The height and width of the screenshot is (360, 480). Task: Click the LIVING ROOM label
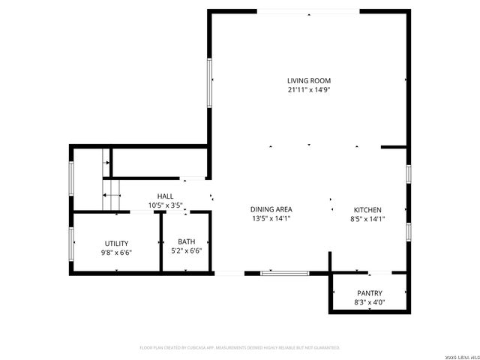308,80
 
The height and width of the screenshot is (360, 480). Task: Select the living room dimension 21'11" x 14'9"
308,89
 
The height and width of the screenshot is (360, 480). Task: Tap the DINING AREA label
271,209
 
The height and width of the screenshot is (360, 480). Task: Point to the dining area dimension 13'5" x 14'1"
271,219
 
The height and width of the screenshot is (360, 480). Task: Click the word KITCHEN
368,210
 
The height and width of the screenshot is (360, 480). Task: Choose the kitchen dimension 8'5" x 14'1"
368,219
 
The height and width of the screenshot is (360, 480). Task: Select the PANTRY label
369,293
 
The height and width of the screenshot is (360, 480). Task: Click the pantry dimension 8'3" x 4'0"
369,302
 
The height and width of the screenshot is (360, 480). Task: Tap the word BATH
187,241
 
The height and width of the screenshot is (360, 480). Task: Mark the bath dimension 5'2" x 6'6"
187,250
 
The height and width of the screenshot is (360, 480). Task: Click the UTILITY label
116,243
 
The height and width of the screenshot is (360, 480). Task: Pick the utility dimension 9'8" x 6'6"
116,253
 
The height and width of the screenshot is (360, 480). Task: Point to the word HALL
165,196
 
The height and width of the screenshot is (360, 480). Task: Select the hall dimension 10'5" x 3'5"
165,205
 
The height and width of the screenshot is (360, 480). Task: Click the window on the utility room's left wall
72,243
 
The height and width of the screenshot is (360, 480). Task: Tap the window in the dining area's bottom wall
284,273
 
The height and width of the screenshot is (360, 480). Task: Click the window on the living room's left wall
210,79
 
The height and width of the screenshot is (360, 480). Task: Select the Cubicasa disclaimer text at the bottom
240,347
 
